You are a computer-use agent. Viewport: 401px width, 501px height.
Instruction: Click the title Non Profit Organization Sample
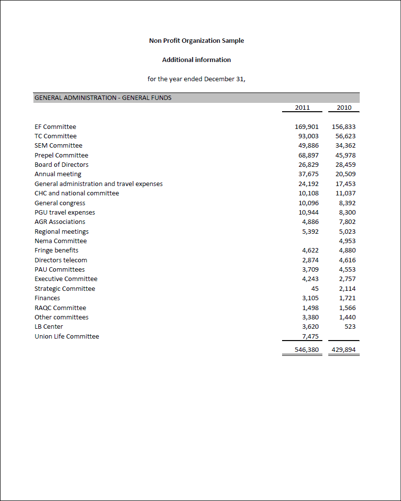[x=197, y=41]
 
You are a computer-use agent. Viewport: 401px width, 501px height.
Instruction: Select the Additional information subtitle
[x=197, y=60]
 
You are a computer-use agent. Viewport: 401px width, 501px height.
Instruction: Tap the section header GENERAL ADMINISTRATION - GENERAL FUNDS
[x=103, y=97]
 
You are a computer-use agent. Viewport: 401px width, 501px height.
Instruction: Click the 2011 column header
[x=302, y=107]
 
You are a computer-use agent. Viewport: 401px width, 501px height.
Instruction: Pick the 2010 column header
[x=344, y=107]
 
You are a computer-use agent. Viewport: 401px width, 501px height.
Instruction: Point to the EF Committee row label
[x=55, y=127]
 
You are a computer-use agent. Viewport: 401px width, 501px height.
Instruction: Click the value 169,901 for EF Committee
[x=307, y=127]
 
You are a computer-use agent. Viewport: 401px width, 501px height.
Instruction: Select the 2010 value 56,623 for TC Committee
[x=345, y=136]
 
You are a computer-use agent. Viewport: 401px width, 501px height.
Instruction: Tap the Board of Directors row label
[x=61, y=165]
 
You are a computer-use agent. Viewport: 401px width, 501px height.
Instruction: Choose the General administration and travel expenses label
[x=98, y=184]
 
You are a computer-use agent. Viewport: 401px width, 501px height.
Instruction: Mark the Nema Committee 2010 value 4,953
[x=347, y=241]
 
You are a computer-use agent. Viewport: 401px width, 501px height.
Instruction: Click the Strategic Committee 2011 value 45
[x=315, y=289]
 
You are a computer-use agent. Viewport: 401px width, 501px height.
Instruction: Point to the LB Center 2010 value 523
[x=350, y=327]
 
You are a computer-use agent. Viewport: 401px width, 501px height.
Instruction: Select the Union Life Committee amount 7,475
[x=310, y=336]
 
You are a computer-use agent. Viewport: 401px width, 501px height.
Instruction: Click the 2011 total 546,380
[x=307, y=350]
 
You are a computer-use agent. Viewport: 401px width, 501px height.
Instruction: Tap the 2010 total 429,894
[x=344, y=350]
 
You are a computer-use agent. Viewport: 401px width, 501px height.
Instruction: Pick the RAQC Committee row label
[x=60, y=308]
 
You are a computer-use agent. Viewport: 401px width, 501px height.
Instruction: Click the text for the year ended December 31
[x=197, y=79]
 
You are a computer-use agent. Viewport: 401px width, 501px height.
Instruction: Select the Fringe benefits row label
[x=56, y=250]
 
